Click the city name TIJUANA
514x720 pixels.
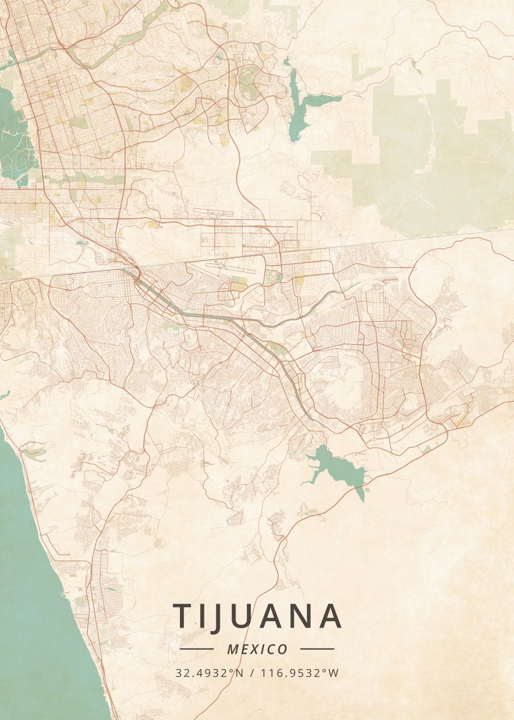point(258,616)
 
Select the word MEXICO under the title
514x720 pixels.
point(257,649)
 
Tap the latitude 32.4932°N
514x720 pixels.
point(209,673)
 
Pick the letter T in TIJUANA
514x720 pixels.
point(184,616)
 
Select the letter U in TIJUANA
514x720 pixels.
point(246,616)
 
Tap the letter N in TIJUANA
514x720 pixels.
point(303,616)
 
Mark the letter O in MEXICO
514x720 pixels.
point(282,649)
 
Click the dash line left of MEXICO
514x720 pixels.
point(196,649)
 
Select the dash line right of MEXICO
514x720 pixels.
point(317,649)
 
